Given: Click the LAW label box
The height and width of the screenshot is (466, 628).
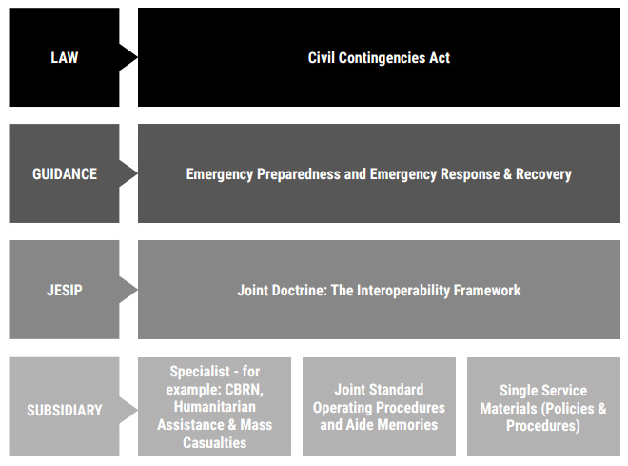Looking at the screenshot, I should [64, 57].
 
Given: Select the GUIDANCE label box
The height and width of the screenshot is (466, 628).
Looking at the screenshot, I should [64, 174].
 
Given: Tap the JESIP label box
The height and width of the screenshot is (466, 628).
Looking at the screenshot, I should [64, 290].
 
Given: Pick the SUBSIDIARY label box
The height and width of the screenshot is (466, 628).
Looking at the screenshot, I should [64, 410].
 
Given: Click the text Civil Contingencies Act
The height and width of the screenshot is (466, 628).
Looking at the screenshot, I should [379, 57].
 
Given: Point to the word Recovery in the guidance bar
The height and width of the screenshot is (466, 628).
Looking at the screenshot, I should [541, 174].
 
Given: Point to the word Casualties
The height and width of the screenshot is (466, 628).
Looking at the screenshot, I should [215, 442].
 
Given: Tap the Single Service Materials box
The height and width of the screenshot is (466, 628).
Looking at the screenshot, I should [543, 408].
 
